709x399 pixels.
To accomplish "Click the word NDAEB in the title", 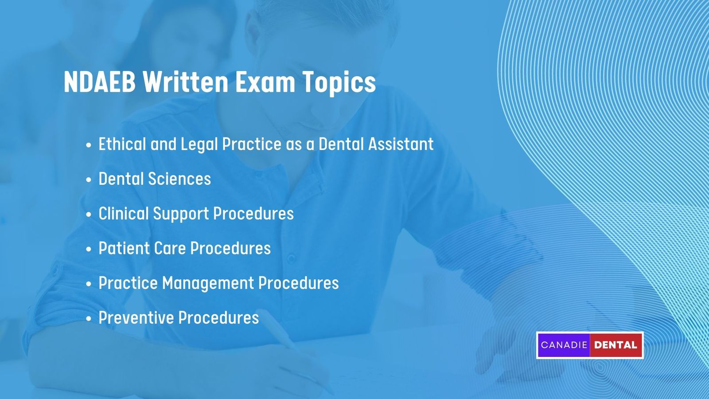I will (99, 82).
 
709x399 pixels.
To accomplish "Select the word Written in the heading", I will (185, 82).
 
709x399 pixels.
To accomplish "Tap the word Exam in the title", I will (265, 82).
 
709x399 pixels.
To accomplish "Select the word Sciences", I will (179, 179).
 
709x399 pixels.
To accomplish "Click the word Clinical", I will (124, 214).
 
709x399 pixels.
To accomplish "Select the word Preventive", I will (136, 318).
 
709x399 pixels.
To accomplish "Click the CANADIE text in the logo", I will (564, 345).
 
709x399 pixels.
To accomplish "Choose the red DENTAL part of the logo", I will (616, 345).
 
